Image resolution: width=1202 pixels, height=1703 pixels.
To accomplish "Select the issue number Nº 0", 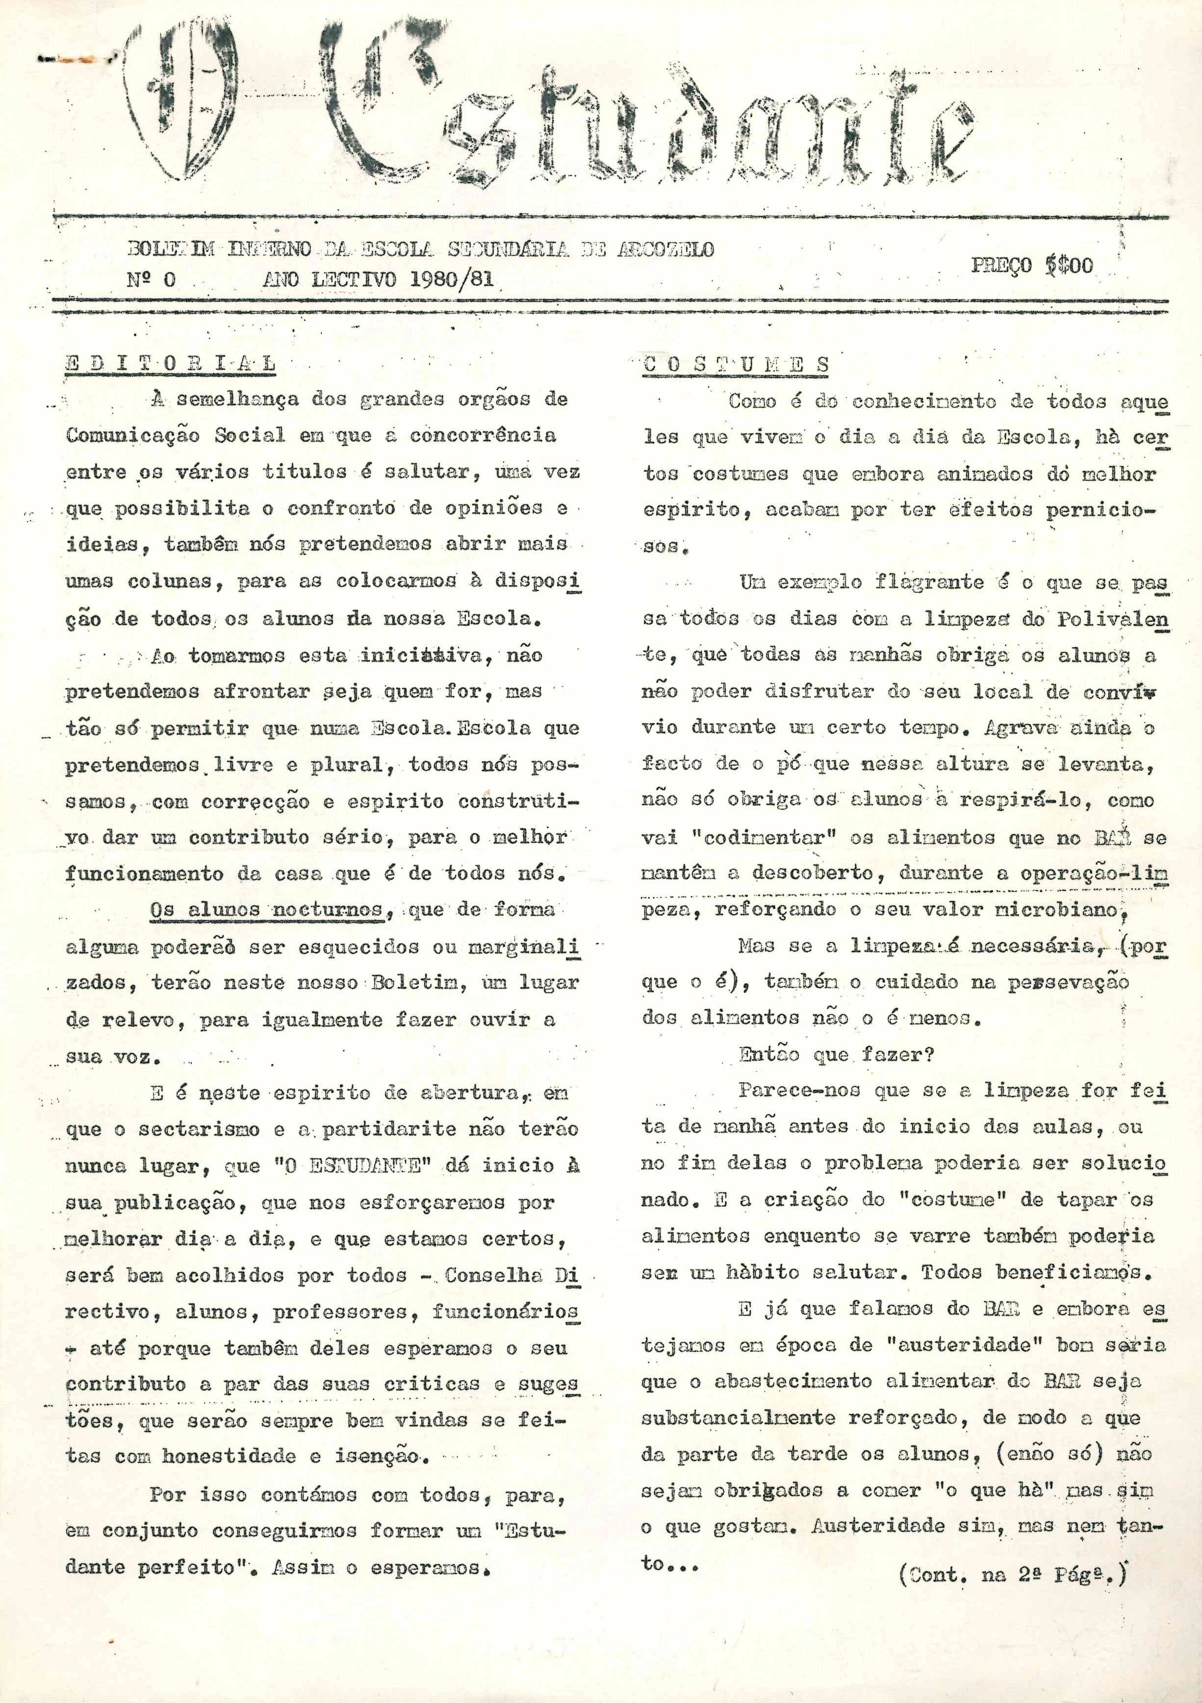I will (152, 279).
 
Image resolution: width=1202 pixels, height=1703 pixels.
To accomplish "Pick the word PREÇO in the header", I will (1001, 266).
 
